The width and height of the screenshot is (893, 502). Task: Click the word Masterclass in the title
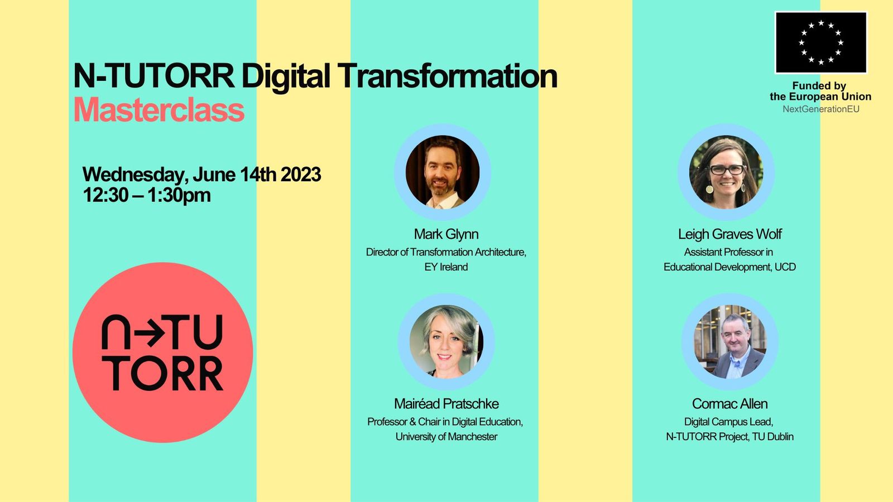click(159, 110)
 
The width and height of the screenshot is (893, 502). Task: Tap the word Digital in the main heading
click(286, 76)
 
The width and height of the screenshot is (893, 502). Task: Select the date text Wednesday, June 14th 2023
click(201, 175)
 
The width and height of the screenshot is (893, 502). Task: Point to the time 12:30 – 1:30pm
click(147, 195)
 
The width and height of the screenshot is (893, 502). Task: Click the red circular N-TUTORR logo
click(162, 353)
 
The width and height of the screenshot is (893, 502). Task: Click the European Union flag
click(820, 42)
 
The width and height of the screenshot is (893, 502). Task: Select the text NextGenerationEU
click(820, 109)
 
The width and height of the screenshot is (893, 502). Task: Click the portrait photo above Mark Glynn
click(443, 172)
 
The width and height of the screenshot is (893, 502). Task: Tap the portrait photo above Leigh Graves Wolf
click(726, 172)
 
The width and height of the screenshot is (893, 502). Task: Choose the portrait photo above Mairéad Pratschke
click(446, 341)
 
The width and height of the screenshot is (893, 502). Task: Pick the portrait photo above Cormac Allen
click(730, 341)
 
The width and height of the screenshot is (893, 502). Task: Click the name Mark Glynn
click(446, 234)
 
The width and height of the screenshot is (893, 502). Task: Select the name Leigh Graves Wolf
click(729, 234)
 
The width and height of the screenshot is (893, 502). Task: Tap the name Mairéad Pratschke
click(446, 404)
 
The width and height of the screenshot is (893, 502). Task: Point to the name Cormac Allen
click(729, 404)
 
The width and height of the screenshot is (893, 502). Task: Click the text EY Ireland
click(446, 267)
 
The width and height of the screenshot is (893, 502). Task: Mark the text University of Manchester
click(446, 437)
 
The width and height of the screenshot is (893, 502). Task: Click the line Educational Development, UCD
click(729, 267)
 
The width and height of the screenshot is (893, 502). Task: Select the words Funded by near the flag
click(819, 86)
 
